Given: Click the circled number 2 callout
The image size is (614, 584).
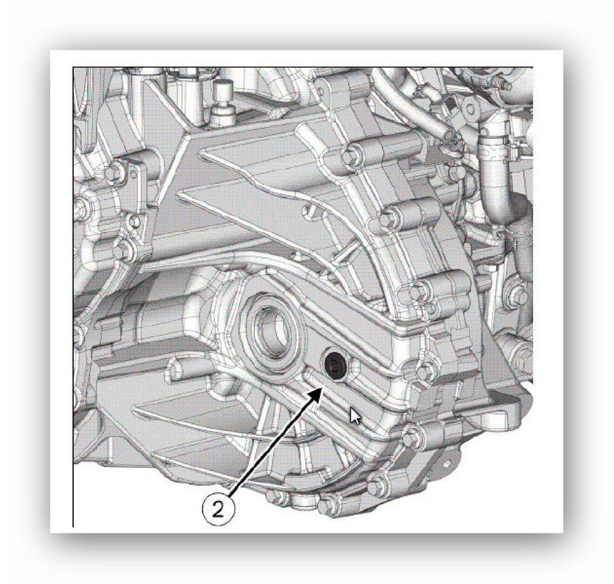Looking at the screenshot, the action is tap(218, 510).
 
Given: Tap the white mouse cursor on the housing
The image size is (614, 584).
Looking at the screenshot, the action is tap(355, 416).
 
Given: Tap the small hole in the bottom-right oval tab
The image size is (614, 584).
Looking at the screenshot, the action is tap(447, 464).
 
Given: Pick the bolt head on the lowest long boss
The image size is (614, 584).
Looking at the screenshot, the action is tap(417, 291).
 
